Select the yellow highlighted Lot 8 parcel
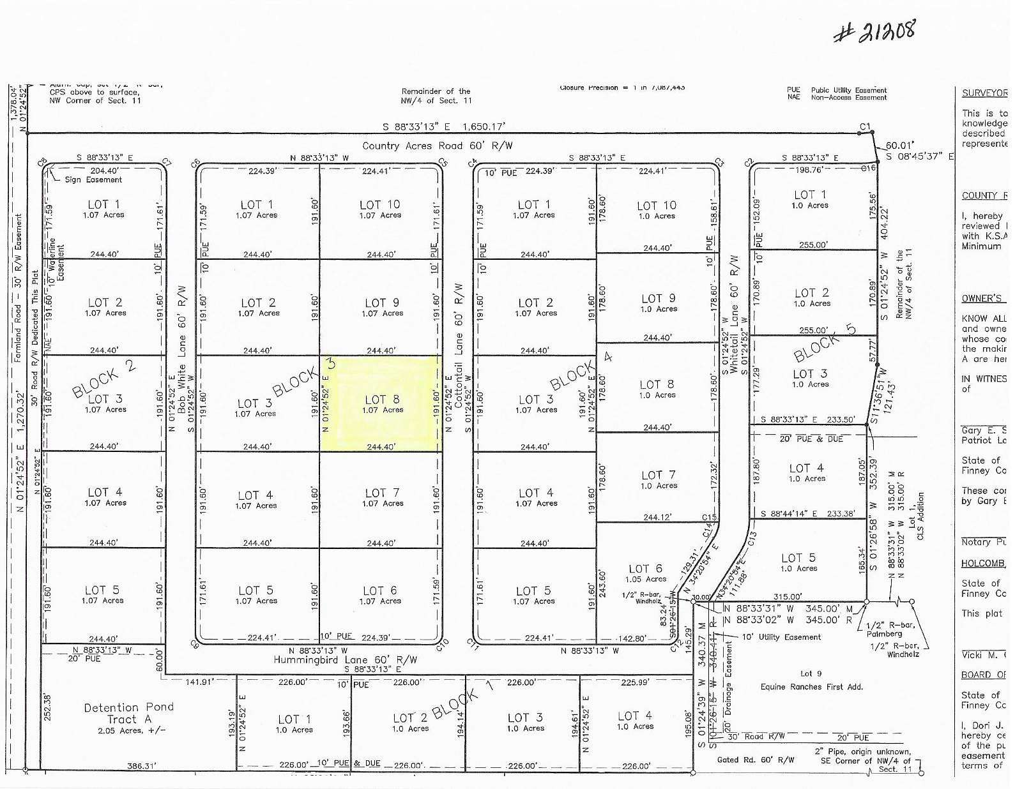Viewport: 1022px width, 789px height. (x=382, y=403)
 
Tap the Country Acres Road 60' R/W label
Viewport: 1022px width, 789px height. (x=437, y=146)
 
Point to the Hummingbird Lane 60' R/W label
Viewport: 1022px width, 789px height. (x=345, y=659)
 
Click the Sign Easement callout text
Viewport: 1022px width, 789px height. (x=93, y=179)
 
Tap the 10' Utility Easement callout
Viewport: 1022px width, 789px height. (x=781, y=636)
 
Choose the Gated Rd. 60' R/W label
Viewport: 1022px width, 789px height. (x=756, y=760)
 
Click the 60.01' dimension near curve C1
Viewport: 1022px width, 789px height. (x=899, y=145)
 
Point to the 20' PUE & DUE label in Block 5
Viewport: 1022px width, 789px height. (x=811, y=439)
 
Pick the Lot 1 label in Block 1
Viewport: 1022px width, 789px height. (x=294, y=723)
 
